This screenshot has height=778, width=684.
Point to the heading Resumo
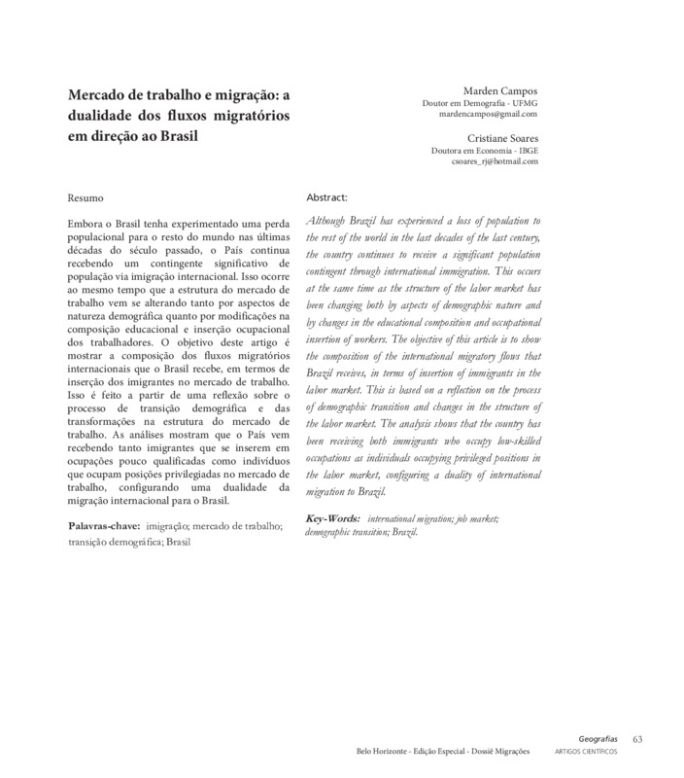tap(85, 197)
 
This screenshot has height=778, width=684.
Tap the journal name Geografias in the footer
tap(597, 740)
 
